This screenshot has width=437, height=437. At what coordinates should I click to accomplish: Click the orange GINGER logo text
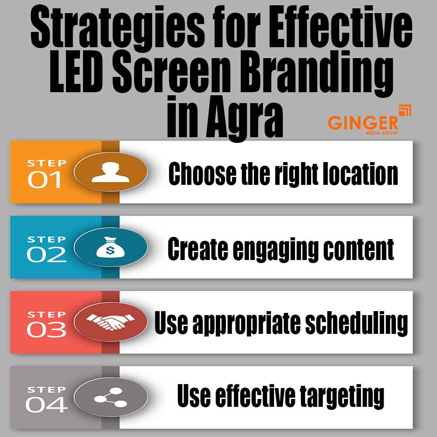(363, 122)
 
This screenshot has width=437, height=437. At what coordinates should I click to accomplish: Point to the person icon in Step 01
(110, 172)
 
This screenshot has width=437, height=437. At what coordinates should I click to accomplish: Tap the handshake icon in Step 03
(110, 323)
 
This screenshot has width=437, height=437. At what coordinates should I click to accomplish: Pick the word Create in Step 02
(196, 249)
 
